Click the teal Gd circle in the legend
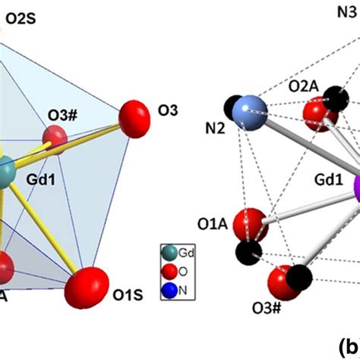coord(167,251)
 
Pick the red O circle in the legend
coord(167,269)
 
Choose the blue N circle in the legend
coord(167,287)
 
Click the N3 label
coord(349,11)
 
